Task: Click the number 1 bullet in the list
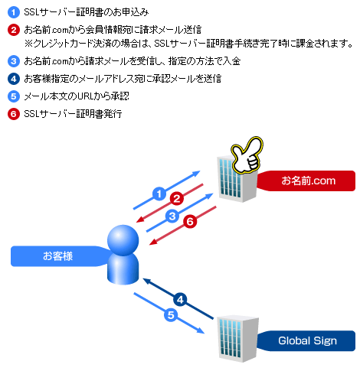[x=14, y=12]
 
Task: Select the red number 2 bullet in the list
[x=14, y=30]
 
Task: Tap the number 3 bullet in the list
[x=14, y=61]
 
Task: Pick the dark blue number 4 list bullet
[x=14, y=79]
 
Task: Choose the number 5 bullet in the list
[x=14, y=96]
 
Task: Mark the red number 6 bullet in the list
[x=14, y=114]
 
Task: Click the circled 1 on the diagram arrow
[x=159, y=194]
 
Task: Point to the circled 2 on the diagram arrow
[x=177, y=198]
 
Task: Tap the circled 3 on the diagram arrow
[x=172, y=216]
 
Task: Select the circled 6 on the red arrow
[x=190, y=221]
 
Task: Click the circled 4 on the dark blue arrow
[x=180, y=299]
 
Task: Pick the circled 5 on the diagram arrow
[x=171, y=314]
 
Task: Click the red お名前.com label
[x=306, y=181]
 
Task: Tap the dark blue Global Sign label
[x=306, y=341]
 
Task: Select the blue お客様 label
[x=60, y=256]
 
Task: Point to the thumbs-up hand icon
[x=247, y=155]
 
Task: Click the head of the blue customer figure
[x=123, y=240]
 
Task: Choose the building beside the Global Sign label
[x=237, y=339]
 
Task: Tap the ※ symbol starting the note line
[x=28, y=44]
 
